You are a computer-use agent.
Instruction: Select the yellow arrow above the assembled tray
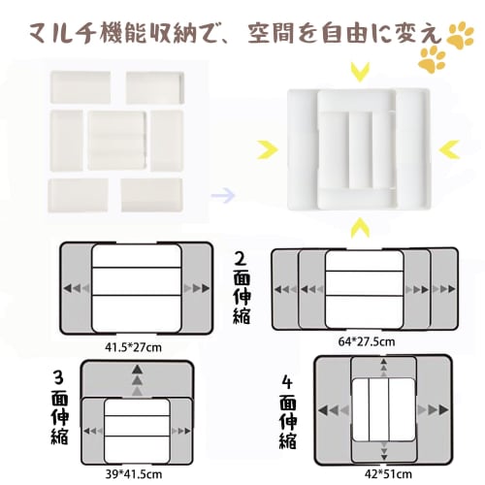[362, 71]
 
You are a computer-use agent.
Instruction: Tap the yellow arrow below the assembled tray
[361, 228]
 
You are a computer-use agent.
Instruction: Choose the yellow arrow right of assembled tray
[450, 148]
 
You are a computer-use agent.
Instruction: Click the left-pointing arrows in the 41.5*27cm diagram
[75, 288]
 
